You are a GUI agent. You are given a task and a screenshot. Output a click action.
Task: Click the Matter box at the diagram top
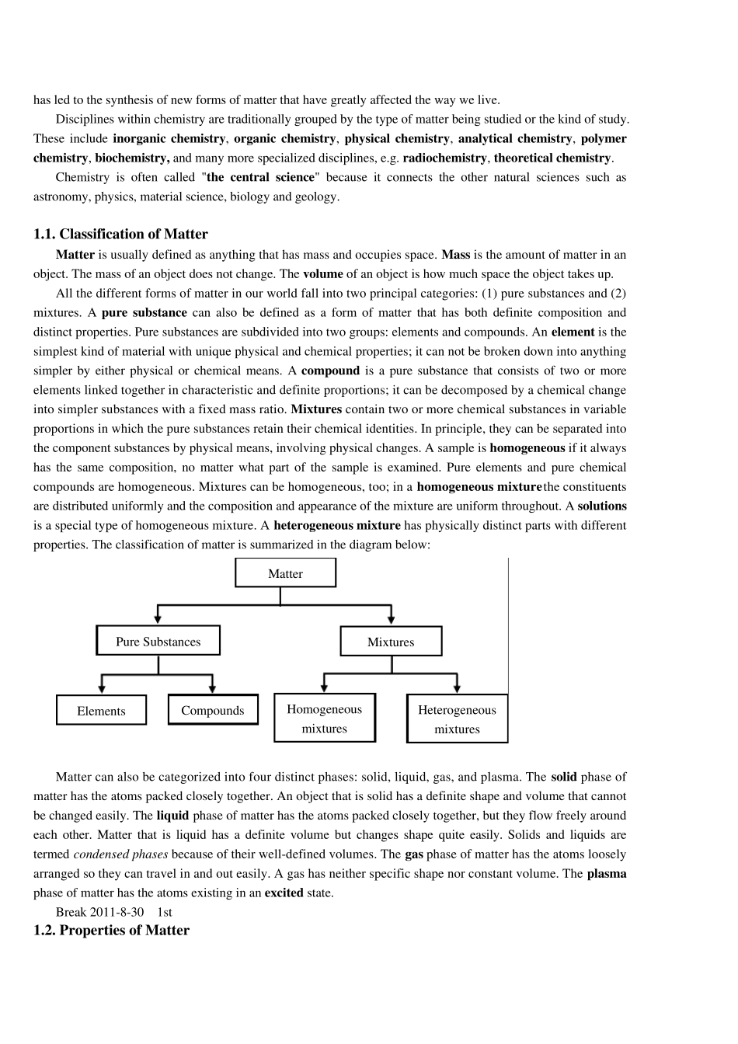285,573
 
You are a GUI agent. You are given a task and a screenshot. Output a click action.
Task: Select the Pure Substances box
158,641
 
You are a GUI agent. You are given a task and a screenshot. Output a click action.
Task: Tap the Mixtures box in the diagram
391,642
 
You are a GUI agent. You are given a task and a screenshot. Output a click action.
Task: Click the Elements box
101,710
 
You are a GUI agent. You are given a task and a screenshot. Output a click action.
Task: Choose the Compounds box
213,709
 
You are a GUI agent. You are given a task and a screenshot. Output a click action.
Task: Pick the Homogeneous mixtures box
325,718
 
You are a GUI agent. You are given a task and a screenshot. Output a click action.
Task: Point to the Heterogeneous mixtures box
457,719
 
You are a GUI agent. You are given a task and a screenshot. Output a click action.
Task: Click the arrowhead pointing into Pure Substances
158,618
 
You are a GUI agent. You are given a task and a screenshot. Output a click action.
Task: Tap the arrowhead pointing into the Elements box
102,687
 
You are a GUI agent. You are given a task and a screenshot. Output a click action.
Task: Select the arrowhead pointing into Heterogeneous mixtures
458,687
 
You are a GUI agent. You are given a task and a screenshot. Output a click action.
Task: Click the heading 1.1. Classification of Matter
120,234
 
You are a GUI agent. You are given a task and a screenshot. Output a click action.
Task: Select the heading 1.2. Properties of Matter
111,930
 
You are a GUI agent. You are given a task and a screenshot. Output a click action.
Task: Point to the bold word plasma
607,873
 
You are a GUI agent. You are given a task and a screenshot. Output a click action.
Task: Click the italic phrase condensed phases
120,854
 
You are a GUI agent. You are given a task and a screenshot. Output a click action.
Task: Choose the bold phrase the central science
261,177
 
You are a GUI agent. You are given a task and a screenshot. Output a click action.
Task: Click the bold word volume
322,273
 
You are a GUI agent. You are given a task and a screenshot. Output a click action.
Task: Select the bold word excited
284,893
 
